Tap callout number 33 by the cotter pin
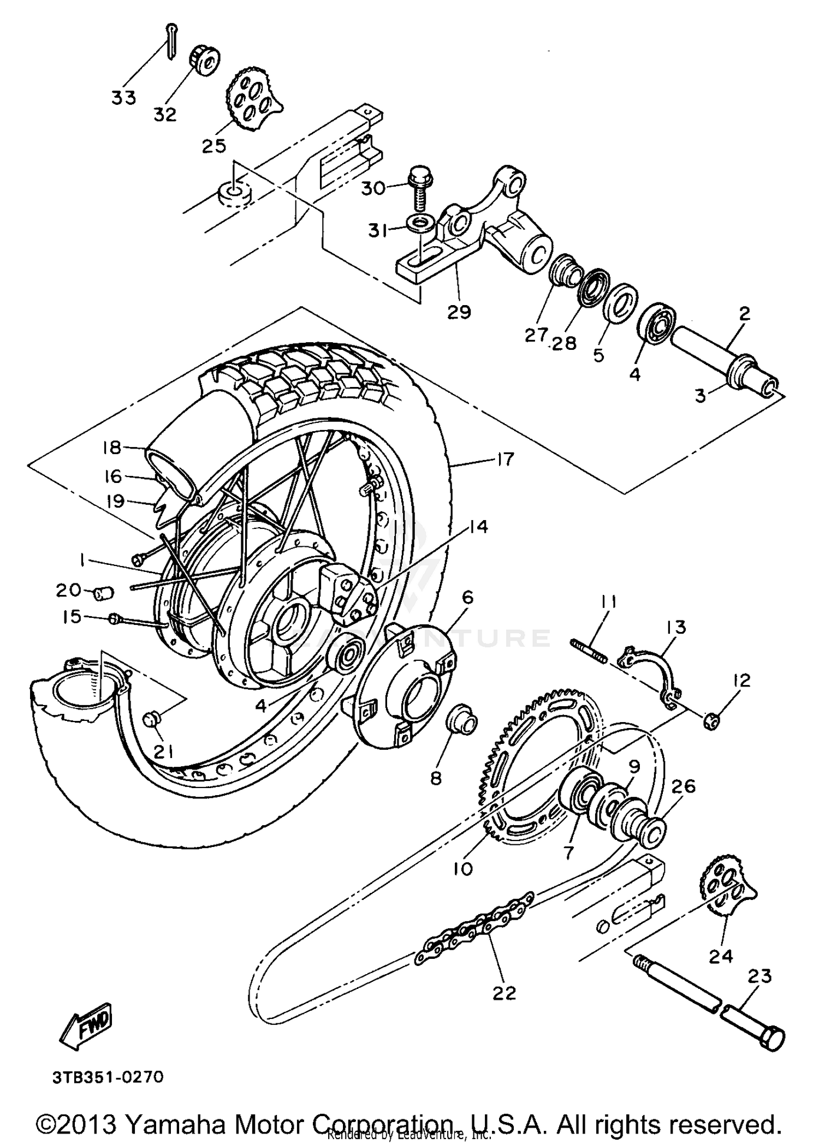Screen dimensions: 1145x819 [x=123, y=98]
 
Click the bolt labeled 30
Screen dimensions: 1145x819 [x=420, y=188]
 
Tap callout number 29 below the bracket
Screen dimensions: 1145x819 [x=459, y=312]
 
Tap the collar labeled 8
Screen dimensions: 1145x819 [x=462, y=724]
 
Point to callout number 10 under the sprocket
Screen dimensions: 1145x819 [x=463, y=868]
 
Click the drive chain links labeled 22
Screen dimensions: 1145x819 [x=480, y=927]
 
